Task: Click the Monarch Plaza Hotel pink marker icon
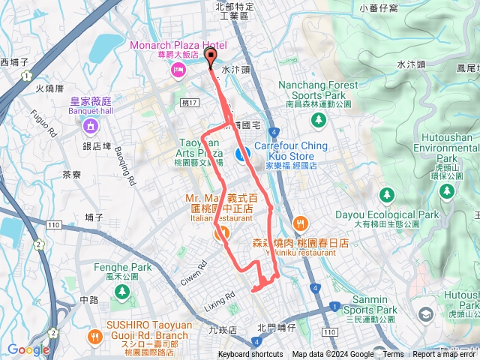coord(178,70)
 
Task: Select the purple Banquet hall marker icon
coord(89,124)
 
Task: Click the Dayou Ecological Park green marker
coord(386,195)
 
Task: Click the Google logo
coord(28,349)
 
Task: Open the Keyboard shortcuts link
coord(250,355)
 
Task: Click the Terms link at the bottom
coord(393,355)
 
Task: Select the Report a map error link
coord(445,355)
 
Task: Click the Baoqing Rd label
coord(125,165)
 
